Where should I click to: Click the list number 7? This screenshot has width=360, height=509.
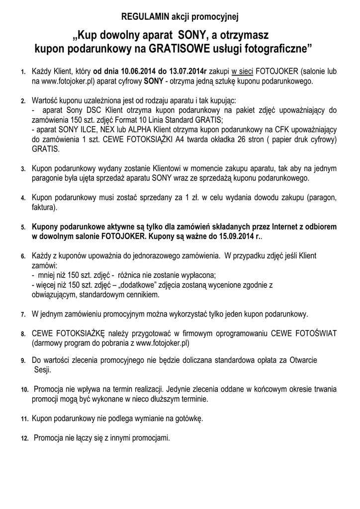(23, 315)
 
